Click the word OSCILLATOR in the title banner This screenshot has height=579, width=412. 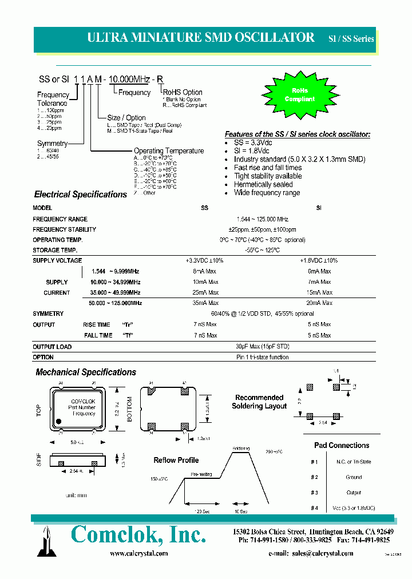pyautogui.click(x=276, y=38)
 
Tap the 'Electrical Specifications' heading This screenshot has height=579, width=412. pyautogui.click(x=80, y=195)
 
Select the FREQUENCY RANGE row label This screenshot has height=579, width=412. pyautogui.click(x=60, y=219)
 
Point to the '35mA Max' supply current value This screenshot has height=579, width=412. pyautogui.click(x=205, y=303)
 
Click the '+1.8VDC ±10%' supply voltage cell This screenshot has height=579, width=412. pyautogui.click(x=319, y=260)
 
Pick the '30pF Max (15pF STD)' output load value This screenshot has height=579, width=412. pyautogui.click(x=262, y=346)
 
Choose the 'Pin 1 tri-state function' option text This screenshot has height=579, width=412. pyautogui.click(x=262, y=357)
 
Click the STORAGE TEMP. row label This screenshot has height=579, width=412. pyautogui.click(x=55, y=250)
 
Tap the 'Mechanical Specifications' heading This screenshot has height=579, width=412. pyautogui.click(x=86, y=372)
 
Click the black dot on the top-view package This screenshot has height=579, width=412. pyautogui.click(x=58, y=421)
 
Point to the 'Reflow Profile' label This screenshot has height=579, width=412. pyautogui.click(x=176, y=460)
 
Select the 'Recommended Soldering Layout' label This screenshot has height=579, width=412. pyautogui.click(x=259, y=402)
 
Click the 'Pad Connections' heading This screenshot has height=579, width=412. pyautogui.click(x=342, y=445)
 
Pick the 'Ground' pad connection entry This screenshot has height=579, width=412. pyautogui.click(x=354, y=477)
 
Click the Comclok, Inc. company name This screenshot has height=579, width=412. pyautogui.click(x=138, y=536)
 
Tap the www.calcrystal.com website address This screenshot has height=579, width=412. pyautogui.click(x=138, y=553)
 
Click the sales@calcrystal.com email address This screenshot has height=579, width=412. pyautogui.click(x=322, y=553)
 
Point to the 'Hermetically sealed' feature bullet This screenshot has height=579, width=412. pyautogui.click(x=263, y=184)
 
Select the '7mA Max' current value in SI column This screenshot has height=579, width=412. pyautogui.click(x=319, y=282)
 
